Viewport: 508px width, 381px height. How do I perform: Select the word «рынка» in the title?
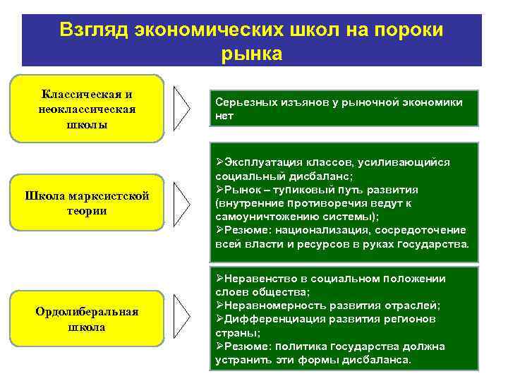pyautogui.click(x=251, y=53)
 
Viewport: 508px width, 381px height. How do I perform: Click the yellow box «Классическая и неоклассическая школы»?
pyautogui.click(x=87, y=109)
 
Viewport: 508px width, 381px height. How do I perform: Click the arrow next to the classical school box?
pyautogui.click(x=182, y=109)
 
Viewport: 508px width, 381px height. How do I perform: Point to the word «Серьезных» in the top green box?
pyautogui.click(x=242, y=102)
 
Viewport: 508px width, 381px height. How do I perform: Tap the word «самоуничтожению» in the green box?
pyautogui.click(x=260, y=217)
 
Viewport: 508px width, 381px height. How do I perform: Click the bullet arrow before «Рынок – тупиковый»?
pyautogui.click(x=219, y=190)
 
